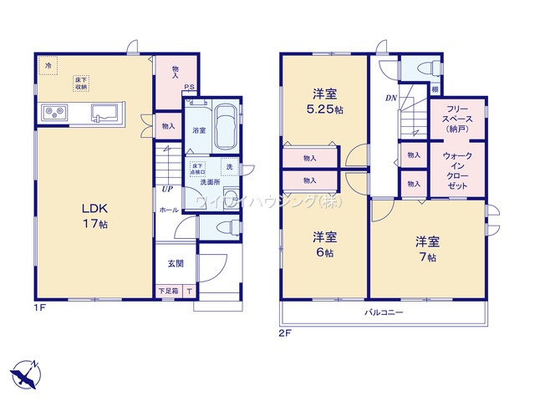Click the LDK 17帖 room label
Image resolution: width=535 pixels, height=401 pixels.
pyautogui.click(x=93, y=216)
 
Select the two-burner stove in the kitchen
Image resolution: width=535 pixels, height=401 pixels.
pyautogui.click(x=53, y=112)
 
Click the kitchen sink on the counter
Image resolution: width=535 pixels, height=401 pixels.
pyautogui.click(x=106, y=113)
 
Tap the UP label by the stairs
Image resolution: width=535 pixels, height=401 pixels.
pyautogui.click(x=167, y=189)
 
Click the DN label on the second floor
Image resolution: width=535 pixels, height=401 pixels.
pyautogui.click(x=390, y=98)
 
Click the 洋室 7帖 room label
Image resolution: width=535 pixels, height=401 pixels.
pyautogui.click(x=426, y=250)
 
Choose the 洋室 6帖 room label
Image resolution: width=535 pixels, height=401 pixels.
pyautogui.click(x=324, y=244)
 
